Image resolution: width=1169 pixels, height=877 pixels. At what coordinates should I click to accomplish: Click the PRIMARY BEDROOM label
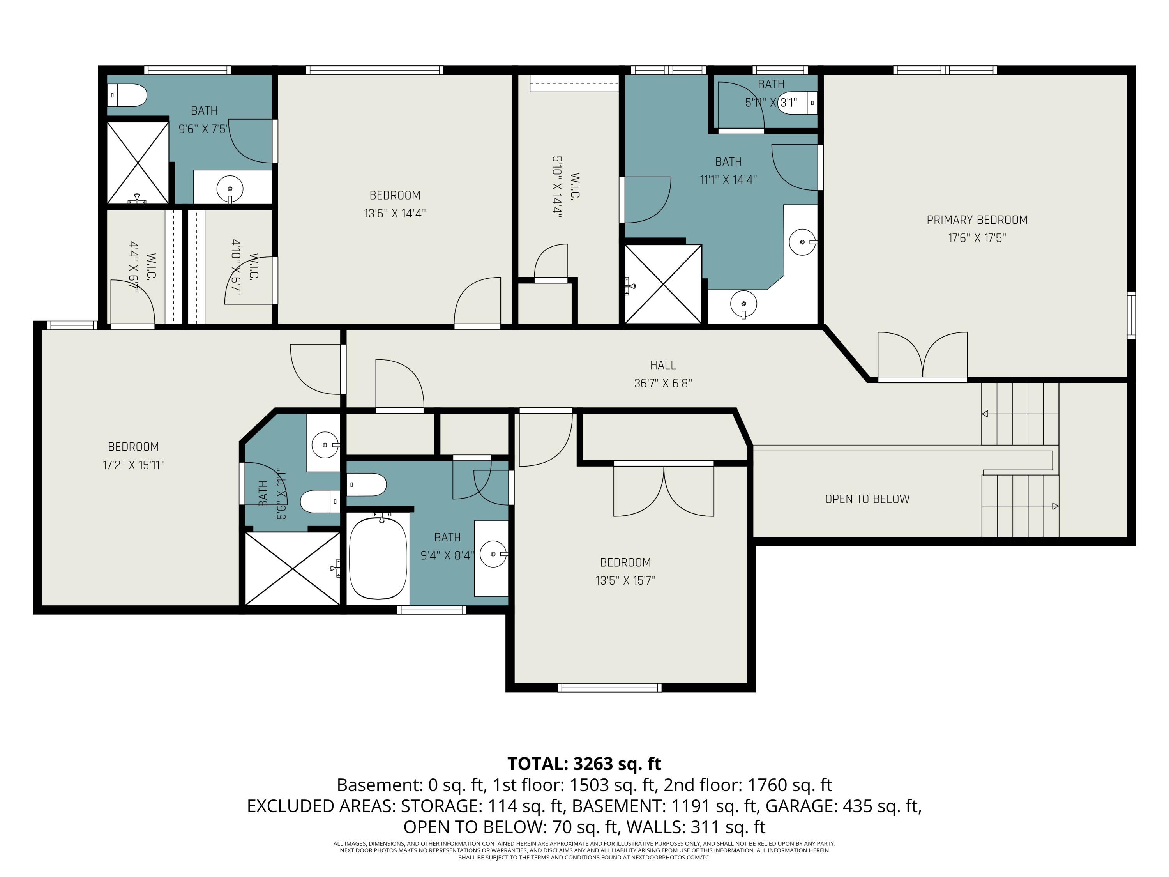[x=977, y=220]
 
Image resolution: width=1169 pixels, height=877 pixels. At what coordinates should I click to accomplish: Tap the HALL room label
[x=663, y=365]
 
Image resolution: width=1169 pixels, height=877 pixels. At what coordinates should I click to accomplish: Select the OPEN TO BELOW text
[x=867, y=499]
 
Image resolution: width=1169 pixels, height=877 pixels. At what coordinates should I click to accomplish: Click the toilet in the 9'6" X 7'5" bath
[x=127, y=95]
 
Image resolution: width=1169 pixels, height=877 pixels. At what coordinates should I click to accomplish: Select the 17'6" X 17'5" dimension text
[x=977, y=238]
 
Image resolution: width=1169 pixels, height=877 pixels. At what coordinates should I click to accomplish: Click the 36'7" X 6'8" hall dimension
[x=663, y=383]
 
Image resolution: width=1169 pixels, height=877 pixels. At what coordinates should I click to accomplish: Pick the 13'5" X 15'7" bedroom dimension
[x=625, y=580]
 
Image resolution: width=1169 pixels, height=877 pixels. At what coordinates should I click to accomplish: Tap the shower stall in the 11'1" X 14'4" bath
[x=663, y=284]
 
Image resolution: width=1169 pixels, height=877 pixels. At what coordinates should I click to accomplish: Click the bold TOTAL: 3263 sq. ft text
[x=584, y=764]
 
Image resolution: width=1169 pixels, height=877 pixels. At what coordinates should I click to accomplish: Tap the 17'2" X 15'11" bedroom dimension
[x=133, y=465]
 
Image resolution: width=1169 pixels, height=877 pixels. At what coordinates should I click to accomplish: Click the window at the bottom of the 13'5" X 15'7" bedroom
[x=609, y=688]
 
